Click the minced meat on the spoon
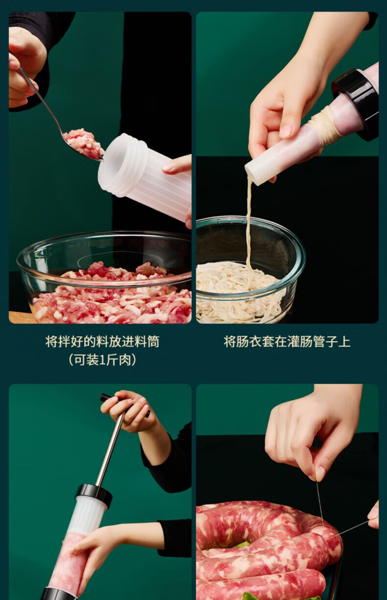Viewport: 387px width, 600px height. [83, 144]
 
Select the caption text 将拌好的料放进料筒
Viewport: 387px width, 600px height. [102, 342]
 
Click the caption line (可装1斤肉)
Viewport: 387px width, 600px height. [102, 359]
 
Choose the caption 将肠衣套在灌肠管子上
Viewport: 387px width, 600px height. [287, 342]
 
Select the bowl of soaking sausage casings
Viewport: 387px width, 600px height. [250, 271]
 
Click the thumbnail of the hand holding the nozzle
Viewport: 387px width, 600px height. [287, 131]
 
